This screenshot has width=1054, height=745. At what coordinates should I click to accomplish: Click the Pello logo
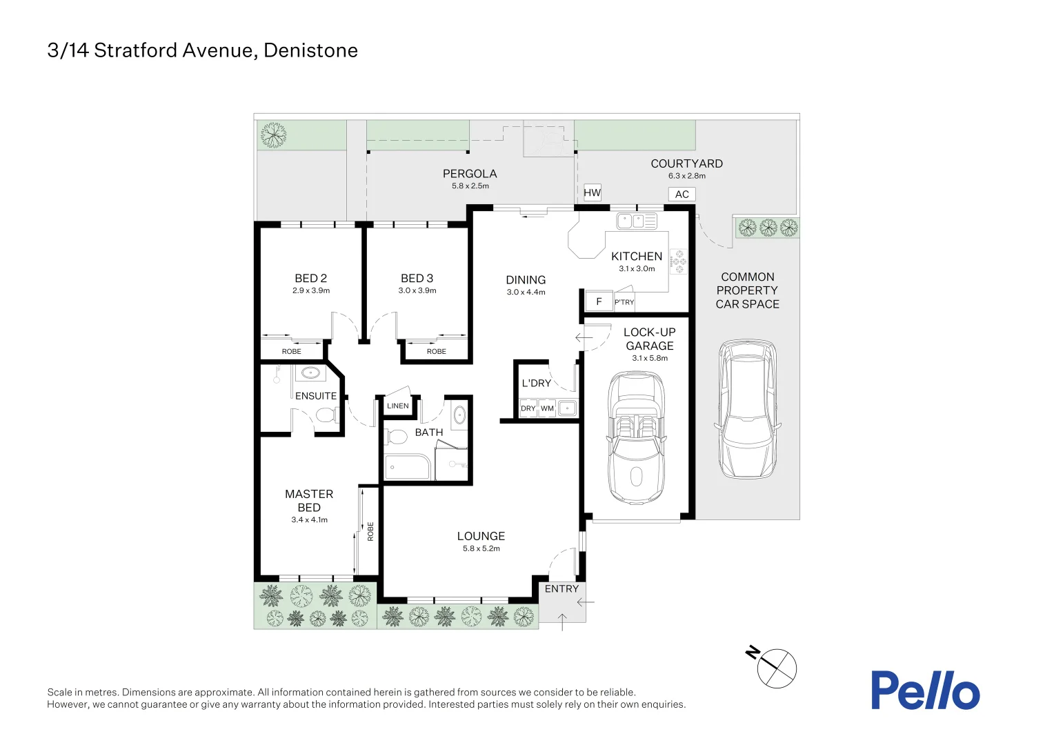(924, 691)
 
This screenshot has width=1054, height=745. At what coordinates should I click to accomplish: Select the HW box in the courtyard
(592, 193)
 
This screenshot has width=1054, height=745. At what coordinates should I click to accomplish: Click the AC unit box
(682, 195)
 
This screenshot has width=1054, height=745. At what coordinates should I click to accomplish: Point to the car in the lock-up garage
(635, 438)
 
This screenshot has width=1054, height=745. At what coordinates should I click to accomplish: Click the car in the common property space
(747, 409)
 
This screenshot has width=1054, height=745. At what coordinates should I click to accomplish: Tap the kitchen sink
(636, 221)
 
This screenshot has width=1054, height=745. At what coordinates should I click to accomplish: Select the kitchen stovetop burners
(679, 261)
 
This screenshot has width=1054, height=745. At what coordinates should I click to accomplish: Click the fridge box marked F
(599, 301)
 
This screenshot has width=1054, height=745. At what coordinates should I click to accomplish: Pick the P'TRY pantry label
(624, 302)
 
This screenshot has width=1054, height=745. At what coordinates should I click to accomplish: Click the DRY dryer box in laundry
(528, 408)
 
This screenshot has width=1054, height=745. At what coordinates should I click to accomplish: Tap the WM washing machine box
(547, 408)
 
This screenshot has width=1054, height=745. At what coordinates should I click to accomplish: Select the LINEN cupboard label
(397, 406)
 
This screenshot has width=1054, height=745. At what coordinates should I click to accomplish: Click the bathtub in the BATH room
(407, 467)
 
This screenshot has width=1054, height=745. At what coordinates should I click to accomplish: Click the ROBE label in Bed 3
(436, 352)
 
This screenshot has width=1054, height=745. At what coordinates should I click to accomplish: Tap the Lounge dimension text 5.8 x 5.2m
(481, 549)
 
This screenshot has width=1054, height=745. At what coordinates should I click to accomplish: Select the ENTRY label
(561, 589)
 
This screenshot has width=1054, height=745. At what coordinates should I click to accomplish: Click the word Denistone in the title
(310, 50)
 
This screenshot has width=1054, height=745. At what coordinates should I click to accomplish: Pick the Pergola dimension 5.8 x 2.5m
(470, 186)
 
